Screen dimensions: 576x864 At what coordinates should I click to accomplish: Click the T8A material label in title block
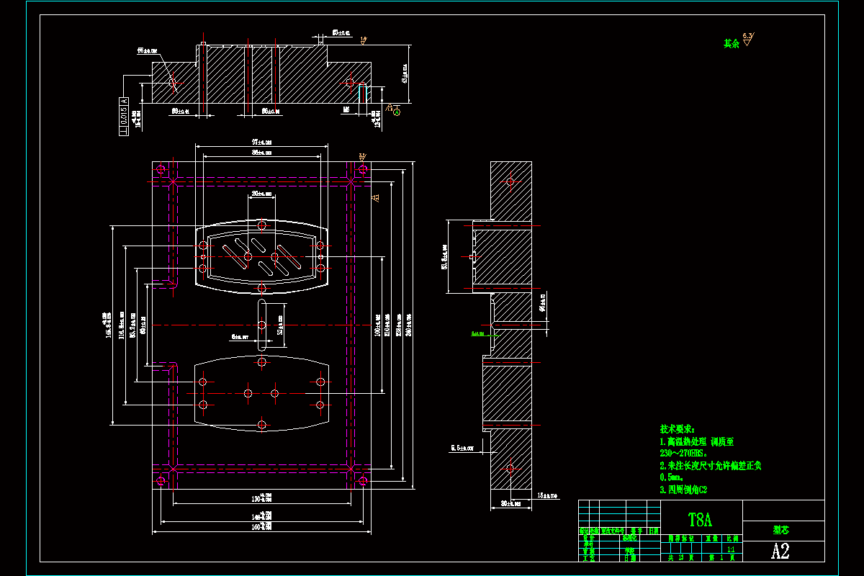pos(700,519)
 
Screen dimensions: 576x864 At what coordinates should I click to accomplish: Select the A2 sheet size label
pos(780,552)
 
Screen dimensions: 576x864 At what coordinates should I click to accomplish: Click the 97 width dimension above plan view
pos(261,143)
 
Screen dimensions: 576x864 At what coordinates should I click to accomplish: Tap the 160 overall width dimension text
pos(261,528)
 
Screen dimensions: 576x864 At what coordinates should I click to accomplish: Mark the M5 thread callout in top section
pos(346,110)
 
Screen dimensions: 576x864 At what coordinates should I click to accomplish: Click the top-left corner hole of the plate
pos(161,171)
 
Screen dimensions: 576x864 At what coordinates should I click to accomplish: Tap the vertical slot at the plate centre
pos(261,325)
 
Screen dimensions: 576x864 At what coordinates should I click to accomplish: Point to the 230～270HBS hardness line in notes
pos(684,454)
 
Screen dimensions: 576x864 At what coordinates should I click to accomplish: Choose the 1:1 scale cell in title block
pos(732,547)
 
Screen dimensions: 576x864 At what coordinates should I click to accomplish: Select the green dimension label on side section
pos(477,334)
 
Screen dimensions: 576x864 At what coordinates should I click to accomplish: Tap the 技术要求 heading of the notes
pos(677,428)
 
